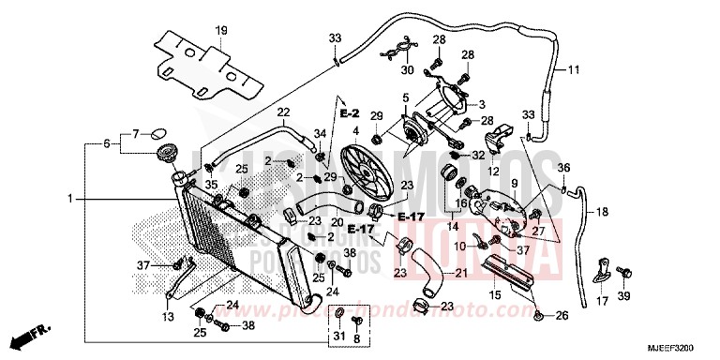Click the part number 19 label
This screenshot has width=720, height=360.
(221, 31)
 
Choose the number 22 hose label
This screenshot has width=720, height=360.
(282, 113)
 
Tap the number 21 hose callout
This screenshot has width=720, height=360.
(461, 273)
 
